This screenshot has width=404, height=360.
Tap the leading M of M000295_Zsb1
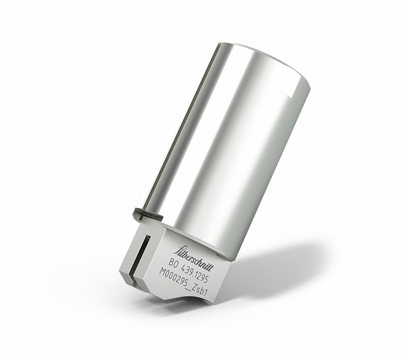pos(162,272)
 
